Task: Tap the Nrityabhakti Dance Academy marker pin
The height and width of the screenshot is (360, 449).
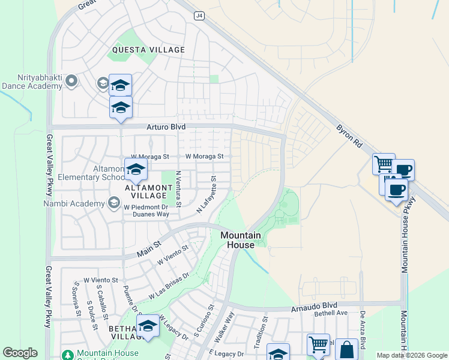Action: click(72, 80)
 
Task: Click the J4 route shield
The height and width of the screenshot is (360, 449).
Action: click(199, 16)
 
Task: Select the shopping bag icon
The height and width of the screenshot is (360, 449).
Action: click(346, 349)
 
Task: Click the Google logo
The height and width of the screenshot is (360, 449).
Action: click(20, 353)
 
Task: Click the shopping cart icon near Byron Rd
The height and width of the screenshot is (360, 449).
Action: click(383, 164)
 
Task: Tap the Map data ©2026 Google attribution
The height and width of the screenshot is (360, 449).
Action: click(412, 355)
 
